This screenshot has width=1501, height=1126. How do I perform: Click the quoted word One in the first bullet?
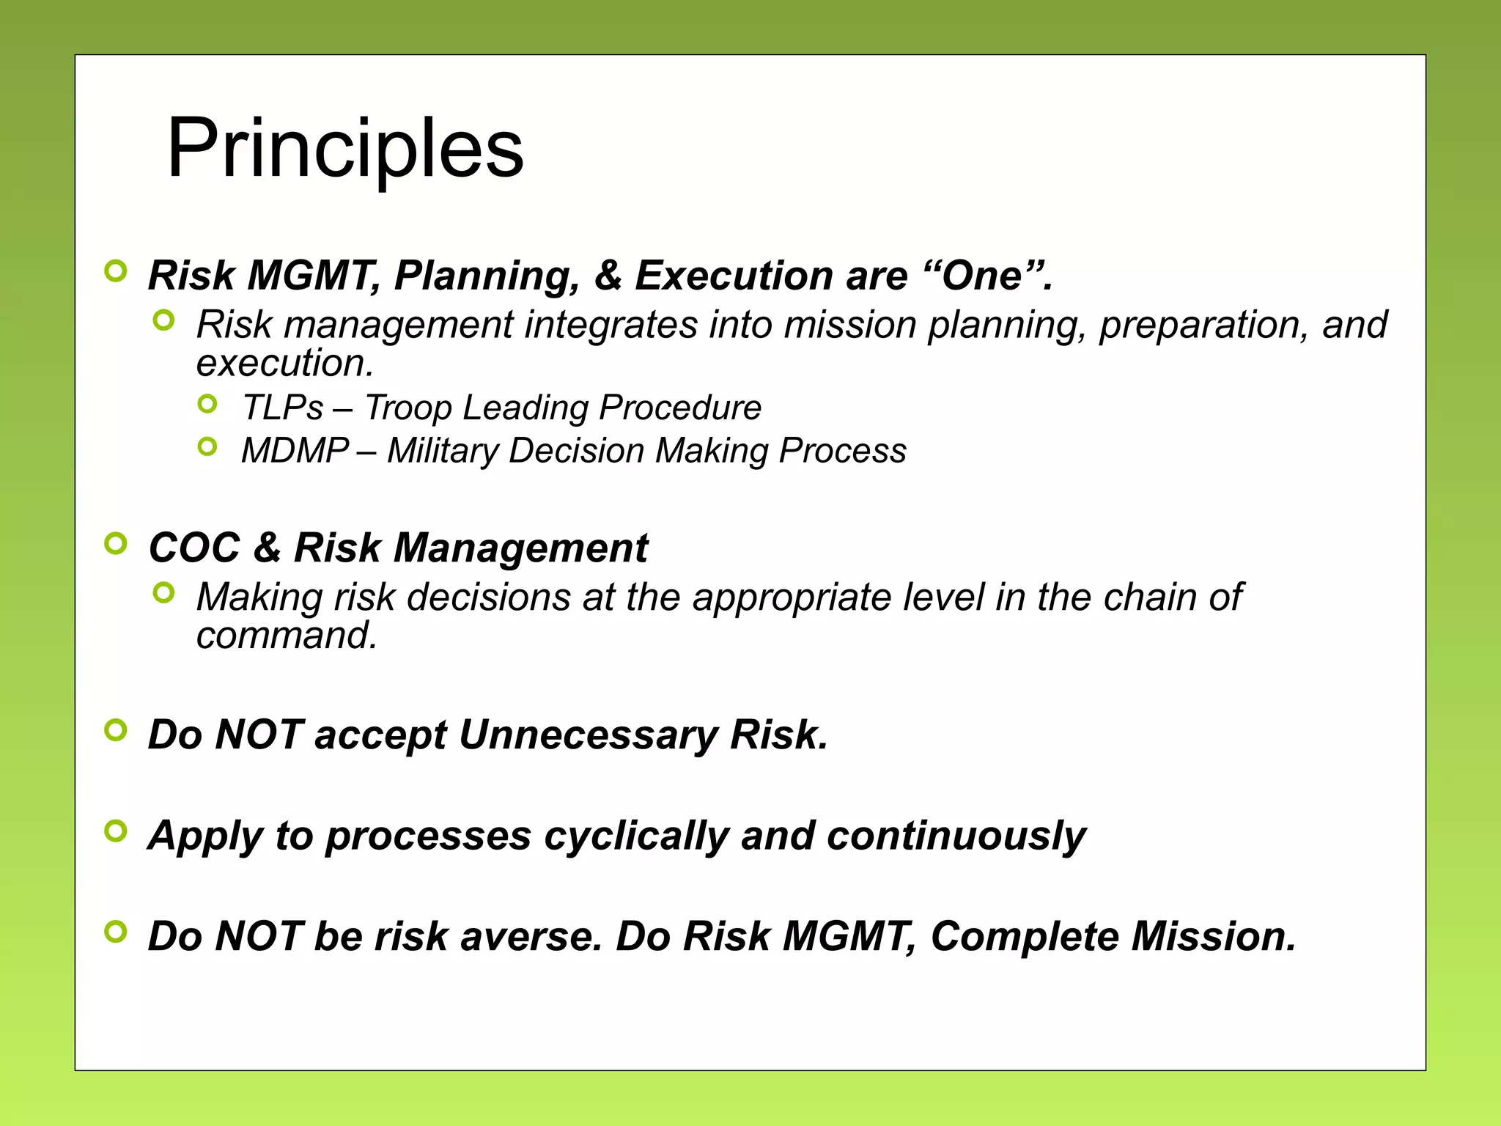coord(982,276)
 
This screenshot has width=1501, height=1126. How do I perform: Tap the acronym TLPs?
coord(282,408)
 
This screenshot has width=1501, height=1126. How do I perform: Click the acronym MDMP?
coord(295,451)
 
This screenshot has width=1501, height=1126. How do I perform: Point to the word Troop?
coord(407,408)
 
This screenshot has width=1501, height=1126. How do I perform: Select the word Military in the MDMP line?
coord(443,451)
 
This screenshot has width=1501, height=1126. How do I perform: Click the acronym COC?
coord(194,548)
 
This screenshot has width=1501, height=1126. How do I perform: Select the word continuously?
coord(956,836)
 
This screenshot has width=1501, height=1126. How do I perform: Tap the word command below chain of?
coord(286,636)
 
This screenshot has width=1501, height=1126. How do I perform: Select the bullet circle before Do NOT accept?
coord(116,730)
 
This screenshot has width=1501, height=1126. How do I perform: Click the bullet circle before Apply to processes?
coord(116,831)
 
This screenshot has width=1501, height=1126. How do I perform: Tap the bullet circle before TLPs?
coord(208,403)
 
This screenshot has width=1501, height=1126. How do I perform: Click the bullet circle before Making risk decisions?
coord(164,592)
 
